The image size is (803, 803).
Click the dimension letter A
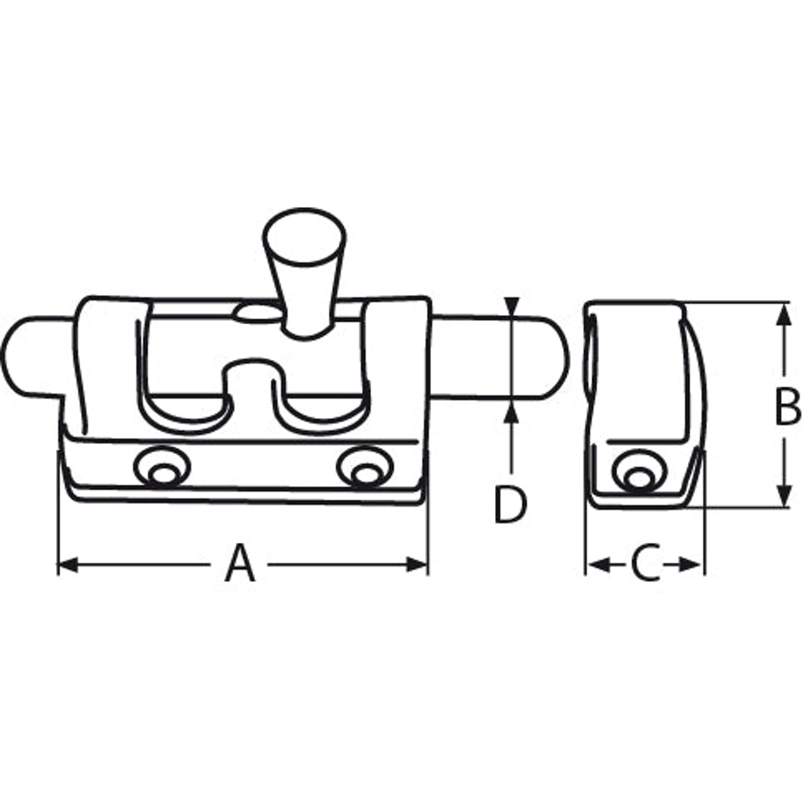240,564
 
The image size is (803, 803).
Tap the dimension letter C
645,564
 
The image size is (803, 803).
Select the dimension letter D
510,505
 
